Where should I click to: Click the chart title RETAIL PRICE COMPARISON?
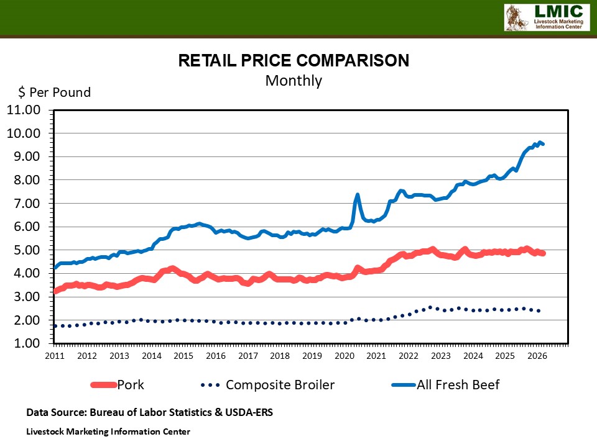click(294, 60)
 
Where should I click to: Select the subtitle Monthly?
click(294, 81)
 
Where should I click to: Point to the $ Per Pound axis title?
click(54, 93)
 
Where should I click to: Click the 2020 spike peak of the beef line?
click(358, 195)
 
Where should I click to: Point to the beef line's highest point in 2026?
click(540, 142)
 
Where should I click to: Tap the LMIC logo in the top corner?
click(545, 17)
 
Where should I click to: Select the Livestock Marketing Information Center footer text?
click(108, 431)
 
